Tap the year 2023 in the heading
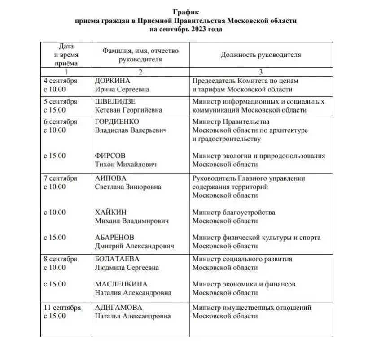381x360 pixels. point(195,29)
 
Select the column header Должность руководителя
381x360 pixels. point(261,55)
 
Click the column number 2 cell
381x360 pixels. point(140,72)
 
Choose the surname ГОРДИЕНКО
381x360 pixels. point(117,122)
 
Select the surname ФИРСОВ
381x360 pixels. point(110,156)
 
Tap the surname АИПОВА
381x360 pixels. point(111,178)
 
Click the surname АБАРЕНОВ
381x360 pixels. point(114,238)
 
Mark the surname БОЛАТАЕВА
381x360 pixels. point(117,259)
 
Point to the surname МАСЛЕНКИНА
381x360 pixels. point(121,284)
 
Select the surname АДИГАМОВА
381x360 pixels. point(118,308)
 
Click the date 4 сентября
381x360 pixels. point(60,81)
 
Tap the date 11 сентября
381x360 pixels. point(62,308)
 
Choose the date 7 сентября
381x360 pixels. point(60,178)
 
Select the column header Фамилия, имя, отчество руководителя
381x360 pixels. point(140,55)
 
